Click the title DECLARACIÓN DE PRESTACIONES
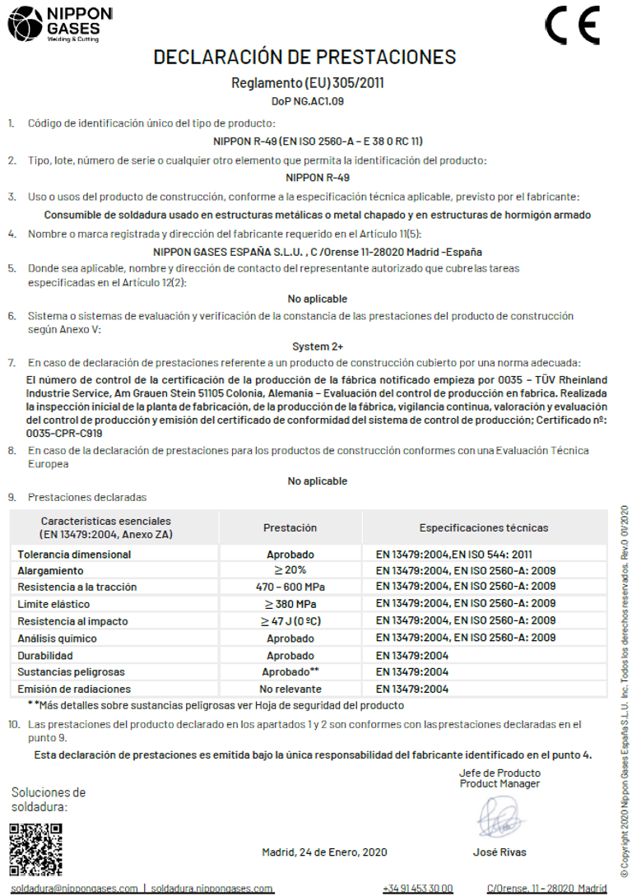click(x=304, y=57)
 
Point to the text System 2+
click(x=317, y=346)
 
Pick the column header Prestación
click(x=290, y=527)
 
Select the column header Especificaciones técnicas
click(x=483, y=527)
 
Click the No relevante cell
click(x=290, y=689)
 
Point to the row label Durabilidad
click(x=45, y=655)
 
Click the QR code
click(x=35, y=848)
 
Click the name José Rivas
click(x=500, y=852)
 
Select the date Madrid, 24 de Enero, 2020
click(x=324, y=852)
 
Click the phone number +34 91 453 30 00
click(x=417, y=888)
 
